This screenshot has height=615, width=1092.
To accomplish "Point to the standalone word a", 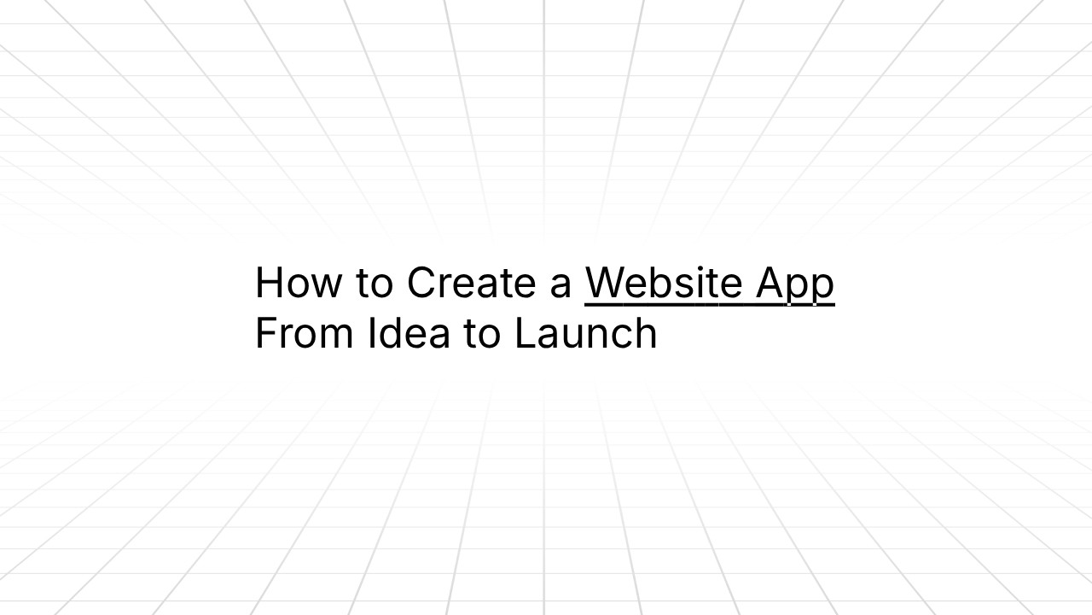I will point(561,285).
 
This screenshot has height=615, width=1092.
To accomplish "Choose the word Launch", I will point(585,333).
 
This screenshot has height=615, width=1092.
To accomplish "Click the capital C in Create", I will point(422,283).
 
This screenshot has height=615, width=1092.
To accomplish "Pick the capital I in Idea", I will point(372,333).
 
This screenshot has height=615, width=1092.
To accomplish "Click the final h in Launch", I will point(646,333).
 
